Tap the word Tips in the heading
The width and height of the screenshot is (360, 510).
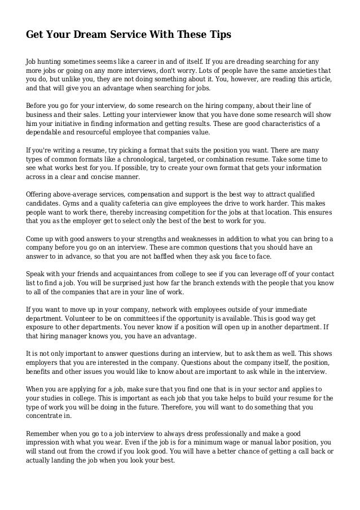click(x=218, y=35)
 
